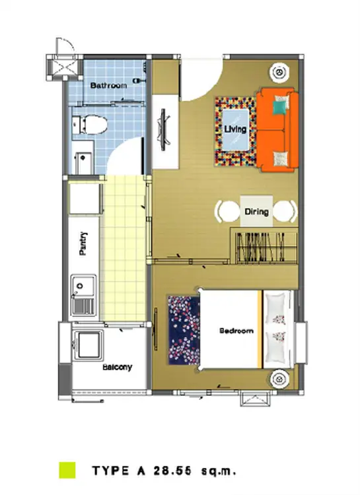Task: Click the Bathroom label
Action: click(108, 85)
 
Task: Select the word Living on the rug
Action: click(235, 129)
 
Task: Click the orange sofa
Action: click(277, 130)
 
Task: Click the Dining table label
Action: click(257, 211)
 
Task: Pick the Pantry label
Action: click(83, 244)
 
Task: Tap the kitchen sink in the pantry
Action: click(83, 296)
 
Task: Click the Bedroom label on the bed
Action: click(236, 331)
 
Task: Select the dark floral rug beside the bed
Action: click(184, 330)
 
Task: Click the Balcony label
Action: click(118, 367)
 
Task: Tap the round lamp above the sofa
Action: click(279, 72)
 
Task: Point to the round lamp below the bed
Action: click(279, 379)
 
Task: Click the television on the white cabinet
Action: click(163, 130)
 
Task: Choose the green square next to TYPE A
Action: click(67, 470)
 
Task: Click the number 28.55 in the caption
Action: click(172, 471)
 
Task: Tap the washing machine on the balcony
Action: click(88, 345)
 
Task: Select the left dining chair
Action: click(227, 211)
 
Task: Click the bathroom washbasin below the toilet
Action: click(83, 158)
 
